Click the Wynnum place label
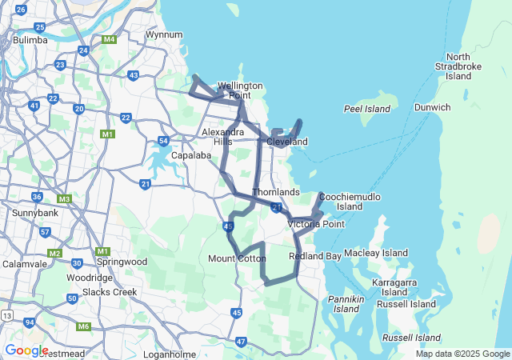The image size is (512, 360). coord(164,34)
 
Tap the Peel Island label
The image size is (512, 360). coord(366,109)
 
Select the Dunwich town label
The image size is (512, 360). coord(432,107)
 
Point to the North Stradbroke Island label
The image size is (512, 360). coord(458,66)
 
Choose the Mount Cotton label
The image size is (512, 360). coord(237,258)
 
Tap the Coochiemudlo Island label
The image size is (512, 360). coord(350,201)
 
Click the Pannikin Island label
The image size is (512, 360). coord(346,304)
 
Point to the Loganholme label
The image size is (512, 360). coord(170,354)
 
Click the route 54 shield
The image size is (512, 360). coord(163,142)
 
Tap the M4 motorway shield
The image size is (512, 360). coord(110,38)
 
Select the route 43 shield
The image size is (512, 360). coord(134,76)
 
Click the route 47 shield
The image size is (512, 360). coord(241,342)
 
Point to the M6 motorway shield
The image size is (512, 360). coord(84,326)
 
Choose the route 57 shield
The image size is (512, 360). coord(45,232)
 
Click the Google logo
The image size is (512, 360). coord(26,350)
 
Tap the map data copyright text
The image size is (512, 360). coord(462,354)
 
